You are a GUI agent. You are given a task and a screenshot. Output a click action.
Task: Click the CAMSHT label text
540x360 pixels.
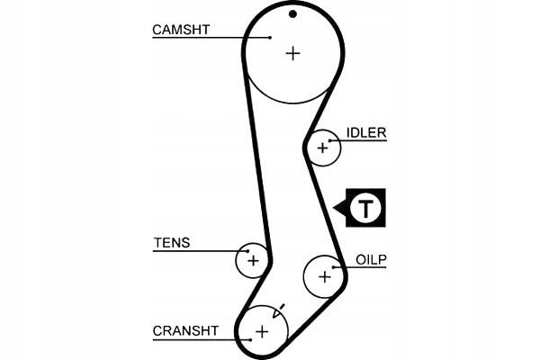coord(181,30)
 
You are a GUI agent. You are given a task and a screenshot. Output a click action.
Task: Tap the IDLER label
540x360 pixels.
coord(365,133)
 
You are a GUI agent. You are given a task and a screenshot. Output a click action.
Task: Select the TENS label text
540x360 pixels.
coord(172,243)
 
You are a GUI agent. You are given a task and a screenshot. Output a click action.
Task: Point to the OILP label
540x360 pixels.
coord(370,259)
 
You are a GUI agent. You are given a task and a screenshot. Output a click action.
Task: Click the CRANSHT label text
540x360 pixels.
coord(185,331)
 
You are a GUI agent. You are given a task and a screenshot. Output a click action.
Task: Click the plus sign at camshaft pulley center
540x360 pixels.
coord(292,53)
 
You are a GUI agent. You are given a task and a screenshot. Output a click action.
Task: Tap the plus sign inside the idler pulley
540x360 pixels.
coord(322,148)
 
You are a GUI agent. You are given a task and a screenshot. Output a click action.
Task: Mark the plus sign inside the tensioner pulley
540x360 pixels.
coord(253,261)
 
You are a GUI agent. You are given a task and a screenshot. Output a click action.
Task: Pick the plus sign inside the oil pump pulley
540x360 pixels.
coord(324,275)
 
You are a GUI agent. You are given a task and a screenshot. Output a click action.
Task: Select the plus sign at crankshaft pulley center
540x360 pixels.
coord(262,332)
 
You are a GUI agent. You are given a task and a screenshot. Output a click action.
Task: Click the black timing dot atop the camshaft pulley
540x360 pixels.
coord(292,13)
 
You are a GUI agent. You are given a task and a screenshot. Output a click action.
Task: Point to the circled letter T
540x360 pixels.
coord(366,209)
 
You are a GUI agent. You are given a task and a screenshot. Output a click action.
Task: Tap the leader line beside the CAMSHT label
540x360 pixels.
coord(225,38)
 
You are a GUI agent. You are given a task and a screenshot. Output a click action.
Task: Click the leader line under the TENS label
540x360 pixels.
coord(198,251)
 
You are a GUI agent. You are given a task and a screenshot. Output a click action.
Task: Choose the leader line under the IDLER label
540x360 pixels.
coord(364,141)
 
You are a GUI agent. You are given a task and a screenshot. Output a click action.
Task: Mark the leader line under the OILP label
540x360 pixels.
coord(364,267)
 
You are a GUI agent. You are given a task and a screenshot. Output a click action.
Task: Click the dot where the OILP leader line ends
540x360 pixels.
coord(335,267)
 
